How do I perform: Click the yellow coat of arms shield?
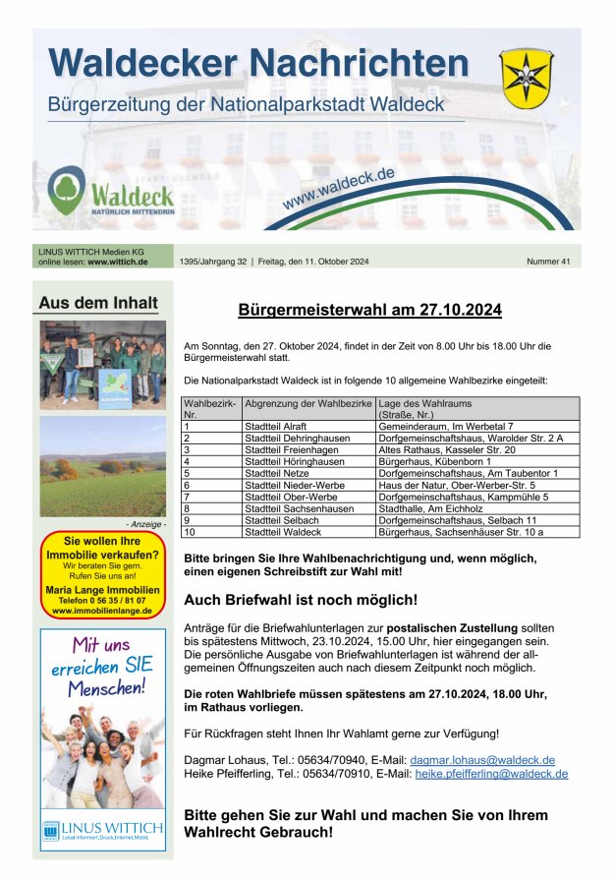coord(527,79)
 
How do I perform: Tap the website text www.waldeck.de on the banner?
coord(338,188)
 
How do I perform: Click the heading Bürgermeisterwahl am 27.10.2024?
coord(369,311)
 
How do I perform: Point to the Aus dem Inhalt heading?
coord(97,303)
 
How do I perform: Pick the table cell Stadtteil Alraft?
coord(278,426)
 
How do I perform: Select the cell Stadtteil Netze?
coord(276,473)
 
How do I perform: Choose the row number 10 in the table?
coord(191,532)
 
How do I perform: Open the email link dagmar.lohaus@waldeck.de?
coord(482,760)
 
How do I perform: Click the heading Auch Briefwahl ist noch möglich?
coord(301,599)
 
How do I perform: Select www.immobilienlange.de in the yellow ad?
coord(103,611)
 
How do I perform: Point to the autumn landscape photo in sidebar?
coord(103,466)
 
